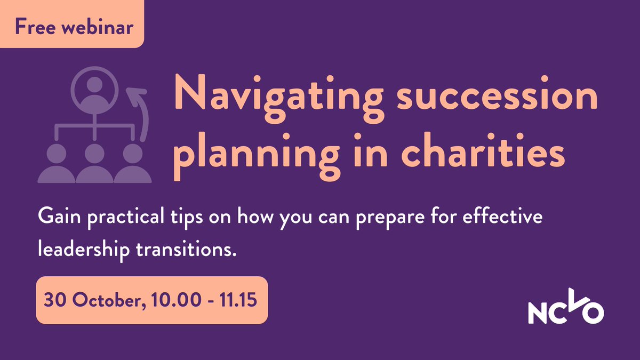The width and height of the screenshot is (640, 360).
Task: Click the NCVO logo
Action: click(x=565, y=310)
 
